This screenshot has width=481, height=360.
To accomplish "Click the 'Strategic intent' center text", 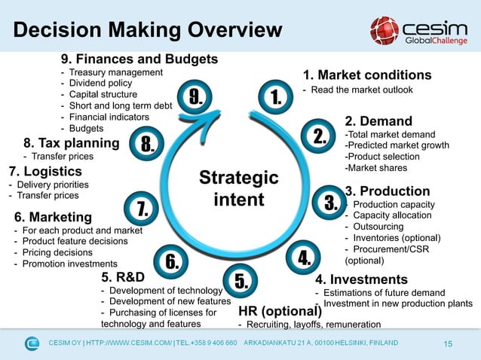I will tap(238, 188).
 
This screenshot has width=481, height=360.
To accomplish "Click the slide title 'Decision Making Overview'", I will tap(148, 30).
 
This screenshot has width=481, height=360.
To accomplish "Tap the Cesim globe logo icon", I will tap(384, 30).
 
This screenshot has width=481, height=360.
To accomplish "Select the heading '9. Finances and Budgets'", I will tap(139, 59).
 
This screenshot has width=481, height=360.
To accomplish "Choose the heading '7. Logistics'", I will tap(44, 171).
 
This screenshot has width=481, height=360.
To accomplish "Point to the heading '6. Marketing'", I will tap(52, 217).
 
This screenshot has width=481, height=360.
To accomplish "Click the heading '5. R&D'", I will tap(122, 276).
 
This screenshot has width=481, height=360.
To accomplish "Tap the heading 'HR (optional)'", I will tap(280, 311).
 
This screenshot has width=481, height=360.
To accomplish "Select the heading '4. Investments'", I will tap(361, 279).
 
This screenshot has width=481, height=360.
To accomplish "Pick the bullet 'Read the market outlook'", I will tap(362, 90).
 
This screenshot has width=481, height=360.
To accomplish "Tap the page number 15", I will tap(448, 344).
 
